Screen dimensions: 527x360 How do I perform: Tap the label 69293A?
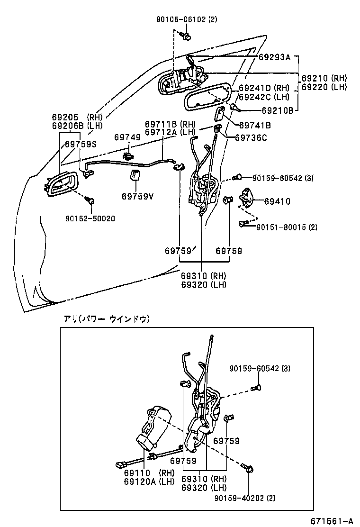coord(274,57)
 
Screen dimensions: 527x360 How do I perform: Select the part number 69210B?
coord(277,110)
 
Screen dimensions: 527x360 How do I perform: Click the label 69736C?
coord(251,137)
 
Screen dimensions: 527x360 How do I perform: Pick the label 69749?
coord(127,137)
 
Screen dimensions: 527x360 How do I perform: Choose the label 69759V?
coord(137,196)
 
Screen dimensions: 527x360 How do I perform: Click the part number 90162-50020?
coord(90,218)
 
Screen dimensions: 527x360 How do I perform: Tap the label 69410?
coord(277,201)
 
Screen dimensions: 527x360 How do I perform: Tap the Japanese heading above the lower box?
coord(107,319)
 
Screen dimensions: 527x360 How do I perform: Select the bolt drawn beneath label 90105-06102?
coord(187,36)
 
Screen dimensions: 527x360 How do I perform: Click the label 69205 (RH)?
coord(74,117)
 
